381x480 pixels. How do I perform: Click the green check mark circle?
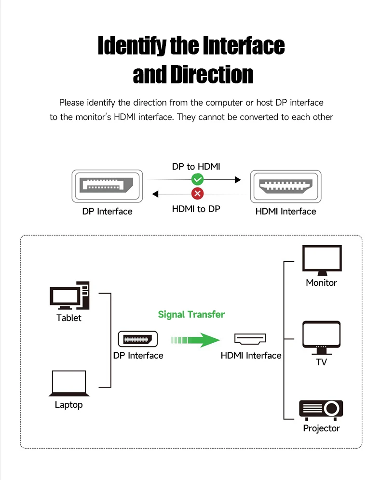point(198,179)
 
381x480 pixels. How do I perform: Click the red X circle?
point(198,193)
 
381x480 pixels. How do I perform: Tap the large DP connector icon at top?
point(107,186)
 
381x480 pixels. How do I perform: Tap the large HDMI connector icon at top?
point(286,187)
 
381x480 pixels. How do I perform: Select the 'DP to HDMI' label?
point(196,167)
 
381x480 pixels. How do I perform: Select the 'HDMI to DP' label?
point(196,209)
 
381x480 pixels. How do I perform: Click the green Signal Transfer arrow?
point(195,340)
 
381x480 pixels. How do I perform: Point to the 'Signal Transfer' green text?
point(191,314)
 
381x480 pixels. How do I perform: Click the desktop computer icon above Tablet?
point(69,295)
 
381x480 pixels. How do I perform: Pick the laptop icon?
point(69,384)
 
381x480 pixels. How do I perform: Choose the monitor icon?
point(322,260)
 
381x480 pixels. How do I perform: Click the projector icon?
point(321,410)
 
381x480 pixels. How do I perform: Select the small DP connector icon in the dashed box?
point(138,339)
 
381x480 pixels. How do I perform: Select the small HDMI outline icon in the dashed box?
point(250,339)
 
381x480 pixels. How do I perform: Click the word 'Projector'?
point(321,428)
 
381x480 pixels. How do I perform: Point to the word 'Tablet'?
point(69,318)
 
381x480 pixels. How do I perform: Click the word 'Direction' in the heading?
point(212,74)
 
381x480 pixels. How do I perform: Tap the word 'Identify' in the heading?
point(132,46)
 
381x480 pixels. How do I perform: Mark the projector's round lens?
point(332,408)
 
